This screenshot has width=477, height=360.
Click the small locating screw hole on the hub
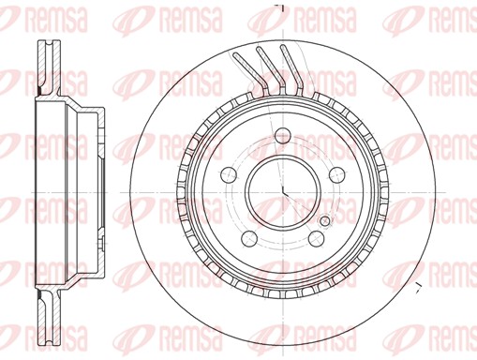tap(325, 221)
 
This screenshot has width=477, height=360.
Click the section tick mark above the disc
tap(278, 7)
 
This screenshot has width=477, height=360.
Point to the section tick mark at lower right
tap(419, 282)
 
